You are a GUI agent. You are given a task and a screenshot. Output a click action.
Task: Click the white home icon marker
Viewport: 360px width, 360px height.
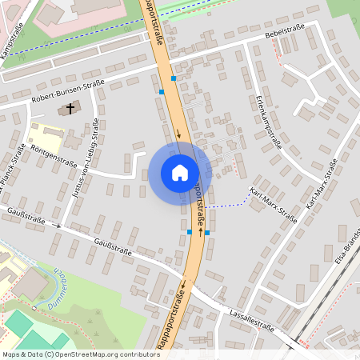tap(180, 173)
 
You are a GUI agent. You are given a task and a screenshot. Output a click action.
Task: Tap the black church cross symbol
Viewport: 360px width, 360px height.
tap(70, 107)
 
